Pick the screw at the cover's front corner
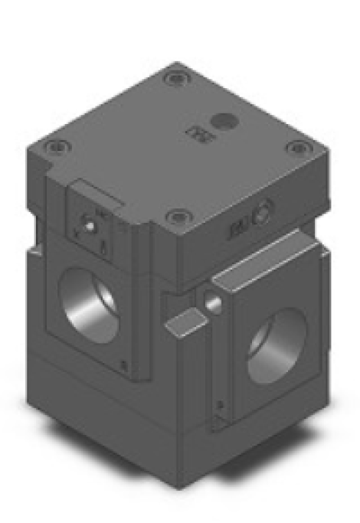(178, 217)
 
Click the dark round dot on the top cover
(224, 121)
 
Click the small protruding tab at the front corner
(184, 322)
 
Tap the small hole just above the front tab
(214, 304)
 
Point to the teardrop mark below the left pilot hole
(103, 247)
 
